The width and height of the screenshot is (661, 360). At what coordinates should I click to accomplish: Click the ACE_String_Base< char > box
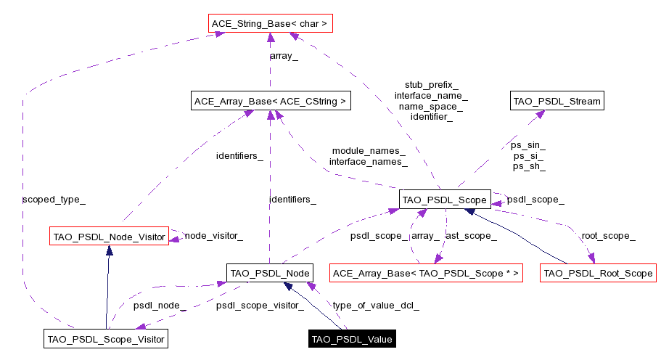269,24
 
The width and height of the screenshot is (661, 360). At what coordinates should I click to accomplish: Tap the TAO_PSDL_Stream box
557,101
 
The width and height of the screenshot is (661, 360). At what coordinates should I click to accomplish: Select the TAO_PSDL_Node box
269,273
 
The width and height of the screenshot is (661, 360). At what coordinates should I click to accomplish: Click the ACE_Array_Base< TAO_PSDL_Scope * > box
426,273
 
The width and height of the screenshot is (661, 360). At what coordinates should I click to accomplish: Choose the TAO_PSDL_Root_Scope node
598,273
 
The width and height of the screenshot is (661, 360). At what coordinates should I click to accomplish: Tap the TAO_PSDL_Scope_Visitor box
106,338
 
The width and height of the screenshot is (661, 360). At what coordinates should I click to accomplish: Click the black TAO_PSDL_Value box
352,338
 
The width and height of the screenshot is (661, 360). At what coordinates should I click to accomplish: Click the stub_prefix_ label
431,85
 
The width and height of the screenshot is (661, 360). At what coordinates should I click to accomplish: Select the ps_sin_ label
529,145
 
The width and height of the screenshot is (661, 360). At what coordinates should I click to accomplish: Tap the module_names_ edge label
369,151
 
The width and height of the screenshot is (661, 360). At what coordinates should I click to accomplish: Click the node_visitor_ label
213,235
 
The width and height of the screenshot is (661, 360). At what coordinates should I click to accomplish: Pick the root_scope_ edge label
608,235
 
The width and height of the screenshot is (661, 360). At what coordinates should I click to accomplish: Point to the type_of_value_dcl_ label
375,305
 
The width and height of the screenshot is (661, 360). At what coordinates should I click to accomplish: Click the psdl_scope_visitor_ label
260,305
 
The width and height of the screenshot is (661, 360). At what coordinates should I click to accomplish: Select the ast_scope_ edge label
471,235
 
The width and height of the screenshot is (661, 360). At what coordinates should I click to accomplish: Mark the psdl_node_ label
160,305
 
